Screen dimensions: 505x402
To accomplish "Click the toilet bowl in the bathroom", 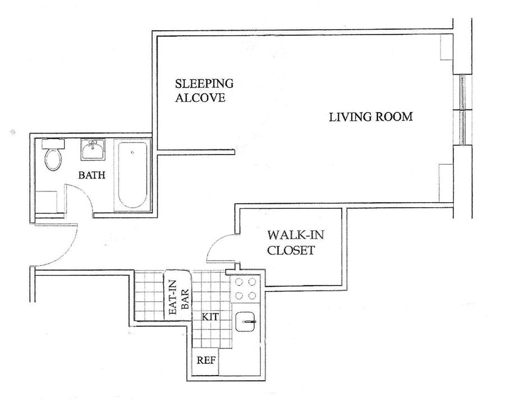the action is [53, 159].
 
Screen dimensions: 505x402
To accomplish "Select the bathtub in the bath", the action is [132, 175].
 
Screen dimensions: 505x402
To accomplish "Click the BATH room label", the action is [92, 175].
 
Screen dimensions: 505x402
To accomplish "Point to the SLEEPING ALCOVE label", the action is [204, 90].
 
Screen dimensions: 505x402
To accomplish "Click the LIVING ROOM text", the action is [371, 117].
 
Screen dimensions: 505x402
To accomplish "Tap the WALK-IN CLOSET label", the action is [296, 243].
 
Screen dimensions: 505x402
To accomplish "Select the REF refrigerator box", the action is [205, 362].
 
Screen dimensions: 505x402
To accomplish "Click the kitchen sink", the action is [246, 322].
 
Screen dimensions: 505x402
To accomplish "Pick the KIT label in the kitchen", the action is [210, 317].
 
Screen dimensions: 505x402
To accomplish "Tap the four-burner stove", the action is [246, 289].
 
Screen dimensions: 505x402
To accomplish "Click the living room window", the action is [462, 109].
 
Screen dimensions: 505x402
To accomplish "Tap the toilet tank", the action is [53, 144].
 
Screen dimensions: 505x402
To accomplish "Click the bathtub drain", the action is [132, 152].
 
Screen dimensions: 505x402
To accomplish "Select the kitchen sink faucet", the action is [249, 322].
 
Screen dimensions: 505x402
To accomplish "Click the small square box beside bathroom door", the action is [46, 202].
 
